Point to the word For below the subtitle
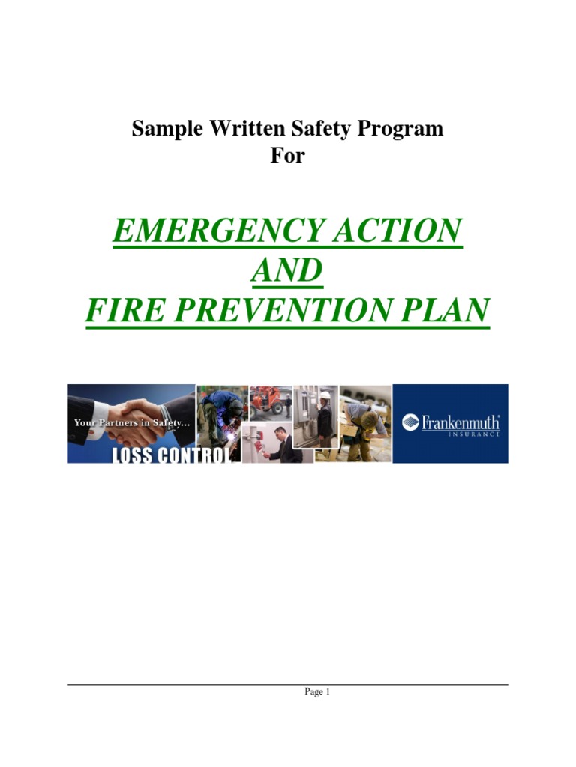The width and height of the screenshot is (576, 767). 288,157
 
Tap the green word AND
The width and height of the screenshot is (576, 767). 288,270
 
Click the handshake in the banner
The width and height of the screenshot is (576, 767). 135,410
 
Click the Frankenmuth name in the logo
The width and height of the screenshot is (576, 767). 460,422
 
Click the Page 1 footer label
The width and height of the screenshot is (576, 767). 317,692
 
